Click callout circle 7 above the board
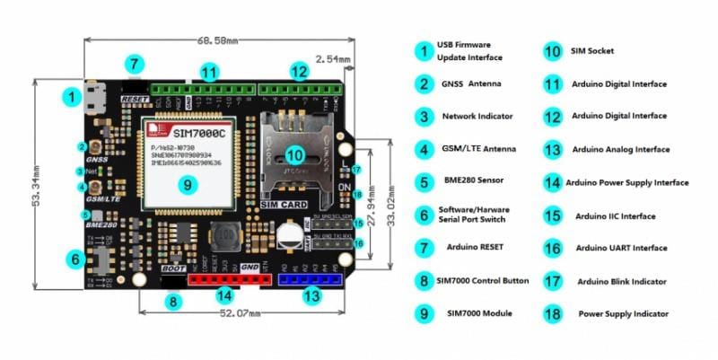[x=133, y=65]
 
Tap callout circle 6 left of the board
[x=74, y=259]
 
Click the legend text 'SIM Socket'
[x=592, y=51]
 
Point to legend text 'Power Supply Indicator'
[x=623, y=314]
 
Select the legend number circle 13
[x=551, y=149]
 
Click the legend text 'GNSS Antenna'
[x=472, y=83]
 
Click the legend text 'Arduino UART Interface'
[x=620, y=248]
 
